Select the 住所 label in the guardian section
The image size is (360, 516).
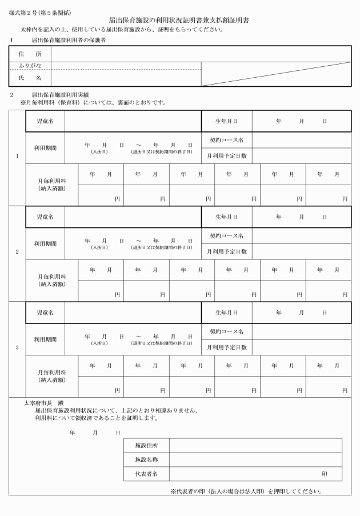point(30,53)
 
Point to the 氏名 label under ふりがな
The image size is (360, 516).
point(30,77)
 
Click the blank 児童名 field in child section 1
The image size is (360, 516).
point(133,121)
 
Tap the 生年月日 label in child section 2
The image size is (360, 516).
point(226,217)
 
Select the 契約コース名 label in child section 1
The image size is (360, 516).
point(226,140)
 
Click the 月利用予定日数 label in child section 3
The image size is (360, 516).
point(226,347)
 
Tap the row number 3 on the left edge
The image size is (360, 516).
point(17,347)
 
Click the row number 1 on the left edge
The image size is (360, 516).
point(17,156)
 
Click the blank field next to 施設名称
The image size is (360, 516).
point(255,459)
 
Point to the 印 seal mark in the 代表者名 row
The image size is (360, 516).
point(324,474)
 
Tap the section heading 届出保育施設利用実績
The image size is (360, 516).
point(59,95)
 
